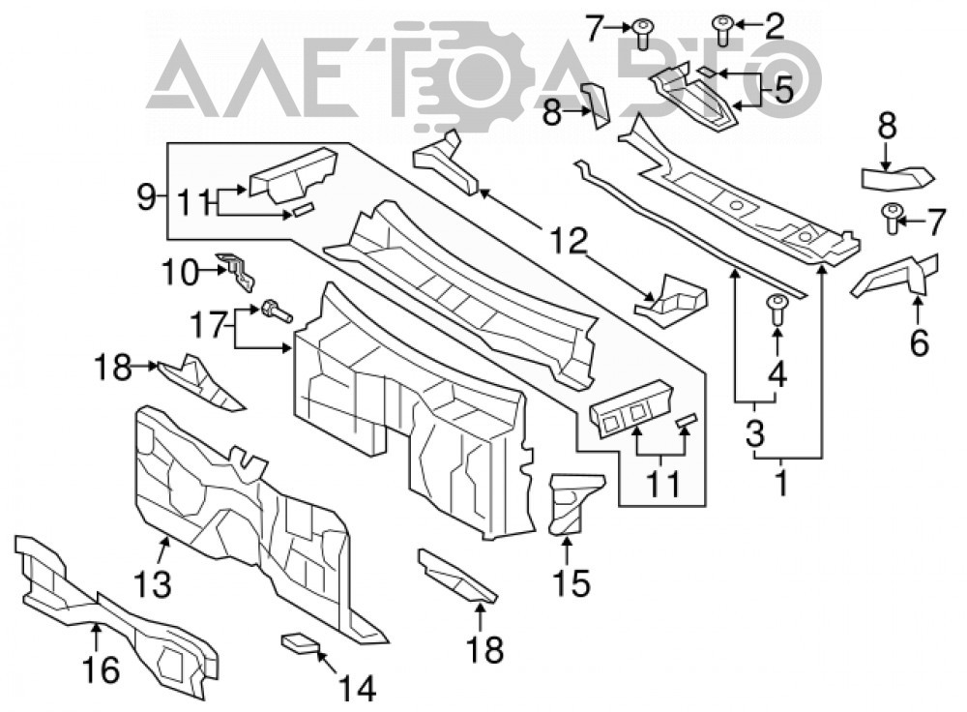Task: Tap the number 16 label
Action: (101, 669)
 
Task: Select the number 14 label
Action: (358, 689)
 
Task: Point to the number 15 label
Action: (571, 582)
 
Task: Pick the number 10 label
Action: (180, 272)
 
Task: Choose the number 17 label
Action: (209, 324)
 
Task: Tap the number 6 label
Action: (919, 343)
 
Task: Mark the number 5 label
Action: (783, 91)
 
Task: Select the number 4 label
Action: (777, 373)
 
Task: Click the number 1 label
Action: (781, 483)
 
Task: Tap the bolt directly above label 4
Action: (777, 311)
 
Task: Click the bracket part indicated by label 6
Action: (896, 276)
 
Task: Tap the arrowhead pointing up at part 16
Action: (96, 629)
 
